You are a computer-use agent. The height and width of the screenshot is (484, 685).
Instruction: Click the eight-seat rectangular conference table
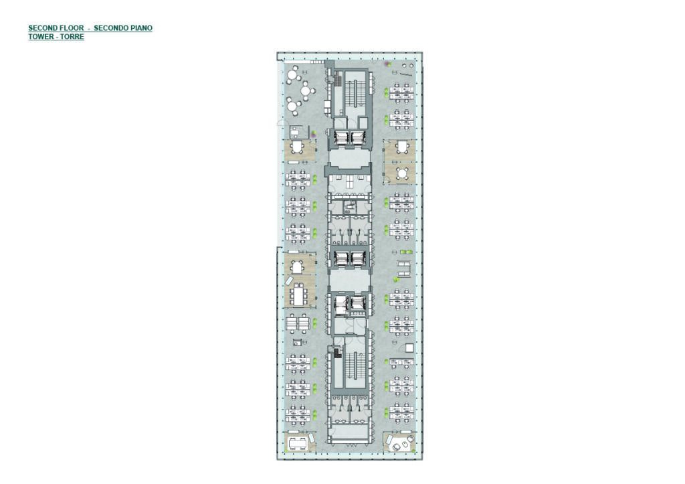[299, 294]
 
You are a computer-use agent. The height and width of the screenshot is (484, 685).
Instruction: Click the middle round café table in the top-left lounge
[308, 91]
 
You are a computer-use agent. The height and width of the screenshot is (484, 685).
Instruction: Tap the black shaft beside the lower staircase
[336, 352]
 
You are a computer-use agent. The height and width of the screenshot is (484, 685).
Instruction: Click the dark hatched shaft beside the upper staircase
[337, 80]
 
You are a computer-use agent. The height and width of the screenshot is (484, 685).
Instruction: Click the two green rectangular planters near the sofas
[406, 252]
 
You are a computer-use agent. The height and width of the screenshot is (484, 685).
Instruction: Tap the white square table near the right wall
[409, 348]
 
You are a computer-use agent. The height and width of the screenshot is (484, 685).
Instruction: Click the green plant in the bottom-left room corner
[312, 448]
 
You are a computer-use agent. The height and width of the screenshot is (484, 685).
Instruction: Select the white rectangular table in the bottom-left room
[298, 445]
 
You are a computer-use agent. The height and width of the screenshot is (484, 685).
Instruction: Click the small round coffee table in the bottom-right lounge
[397, 447]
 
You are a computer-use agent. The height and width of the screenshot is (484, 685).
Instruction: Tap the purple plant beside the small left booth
[314, 133]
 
